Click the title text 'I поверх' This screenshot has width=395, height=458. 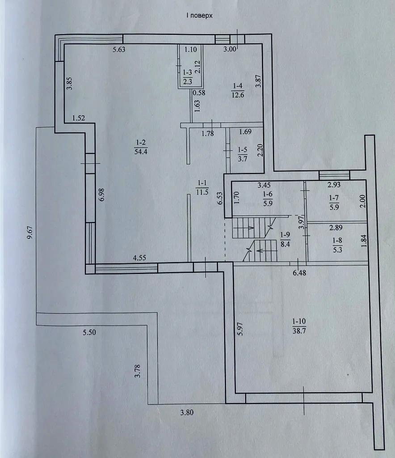click(199, 16)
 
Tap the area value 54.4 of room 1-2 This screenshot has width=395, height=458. click(141, 152)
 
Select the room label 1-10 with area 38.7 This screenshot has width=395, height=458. click(299, 326)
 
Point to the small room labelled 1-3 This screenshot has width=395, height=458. click(187, 76)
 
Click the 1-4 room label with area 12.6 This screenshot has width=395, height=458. click(237, 90)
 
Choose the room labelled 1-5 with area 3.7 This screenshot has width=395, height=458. click(243, 154)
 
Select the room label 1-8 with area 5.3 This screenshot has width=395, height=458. click(337, 245)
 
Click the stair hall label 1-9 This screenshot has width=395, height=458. click(285, 239)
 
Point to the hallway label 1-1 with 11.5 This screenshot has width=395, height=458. click(202, 187)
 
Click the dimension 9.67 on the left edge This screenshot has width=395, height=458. click(30, 233)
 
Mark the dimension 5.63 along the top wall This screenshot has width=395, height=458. click(119, 49)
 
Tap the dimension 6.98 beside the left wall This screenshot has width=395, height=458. click(101, 195)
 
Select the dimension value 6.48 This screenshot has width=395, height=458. click(299, 273)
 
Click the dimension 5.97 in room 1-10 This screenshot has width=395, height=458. click(240, 329)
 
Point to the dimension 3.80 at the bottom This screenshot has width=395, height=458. click(187, 412)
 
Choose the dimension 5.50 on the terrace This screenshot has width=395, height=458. click(89, 332)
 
